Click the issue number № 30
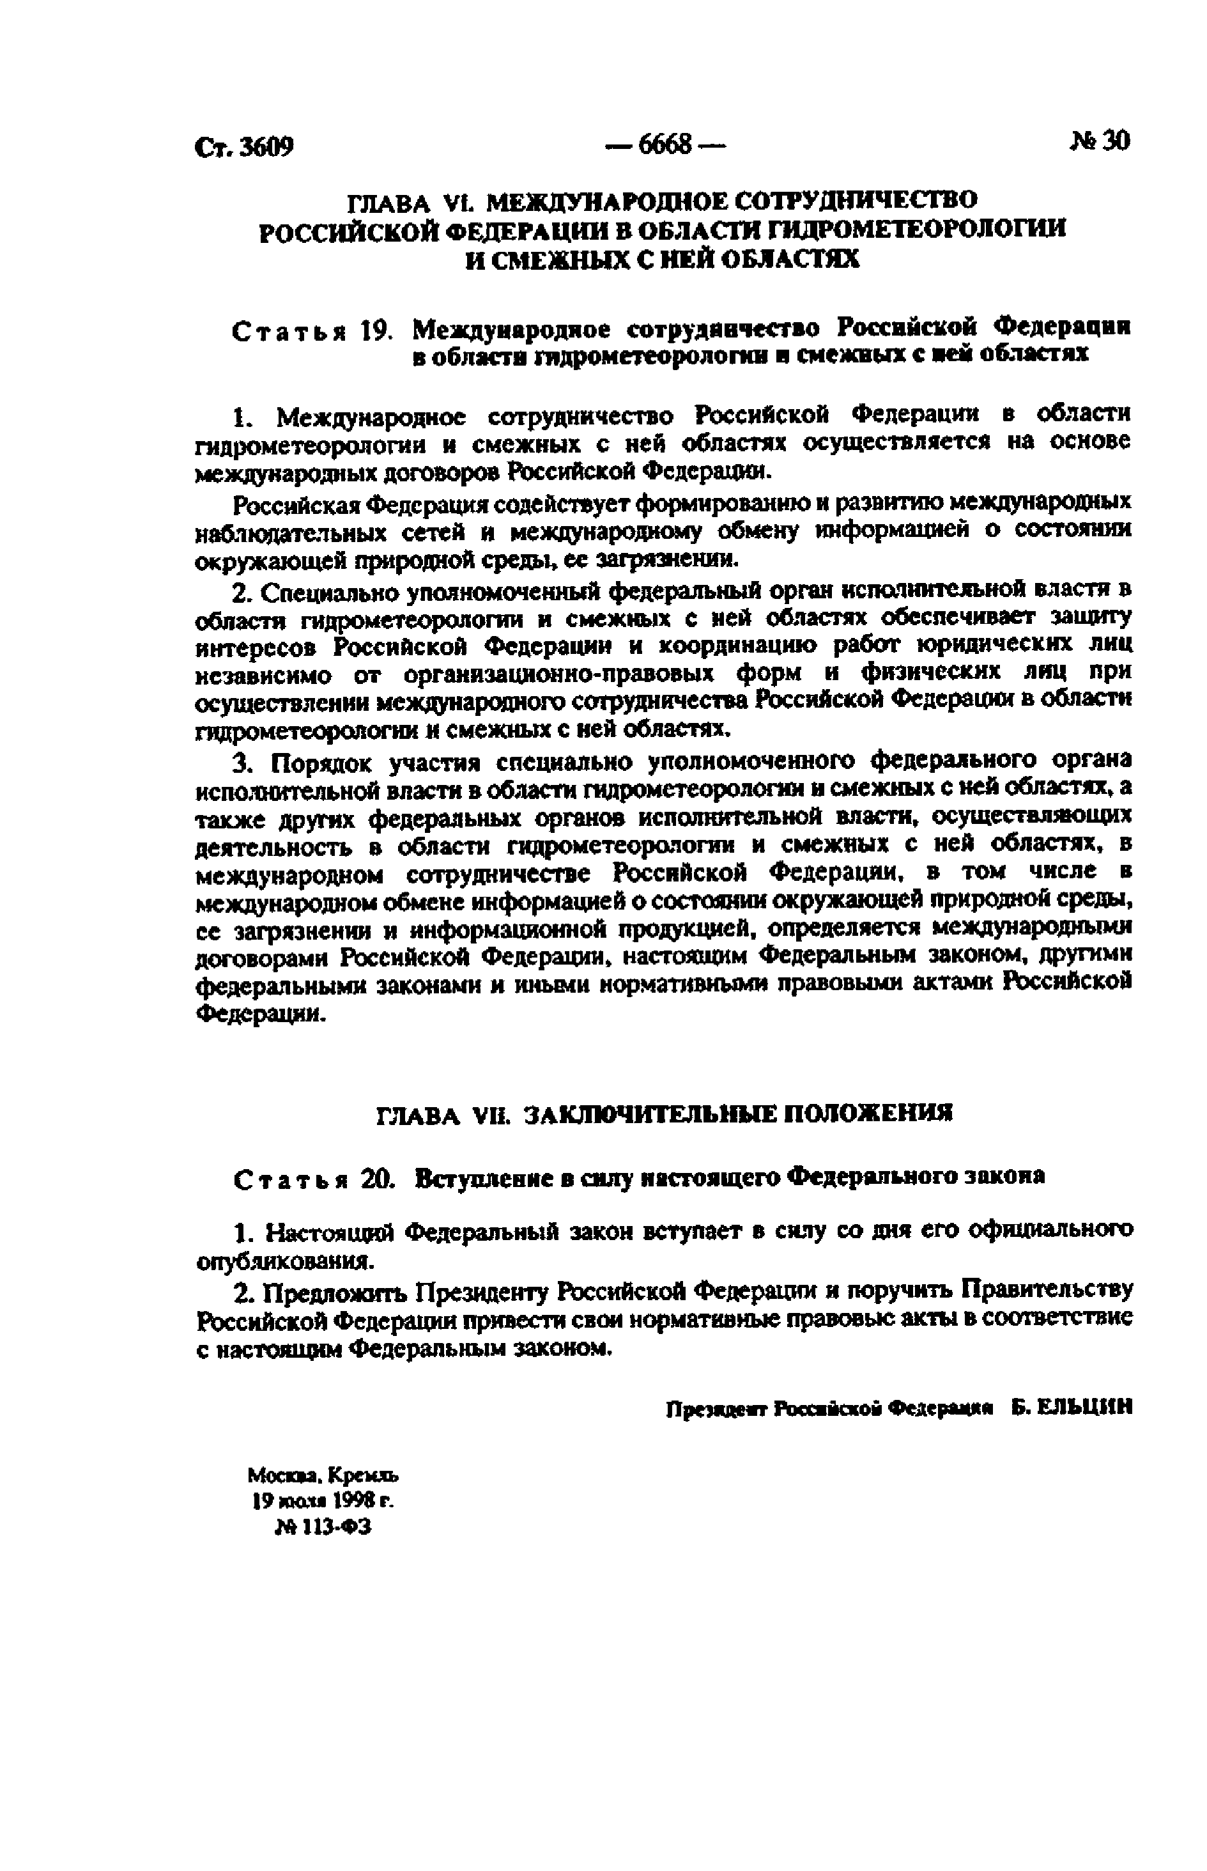tap(1099, 141)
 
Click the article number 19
tap(376, 332)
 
